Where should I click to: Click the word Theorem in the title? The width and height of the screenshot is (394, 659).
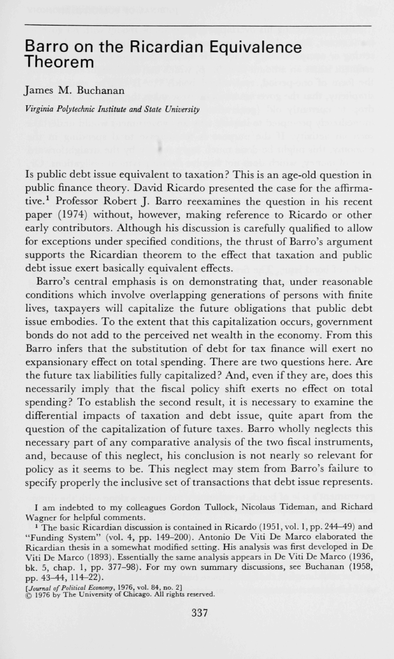[x=59, y=62]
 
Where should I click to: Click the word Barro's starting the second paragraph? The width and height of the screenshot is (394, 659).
[x=53, y=282]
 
